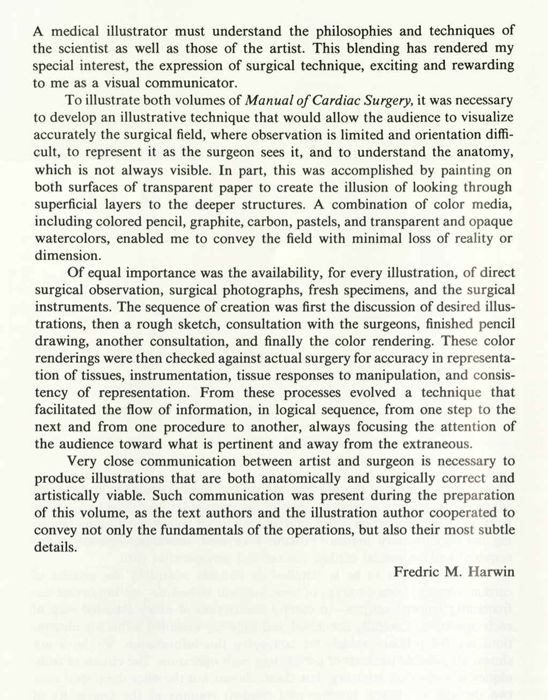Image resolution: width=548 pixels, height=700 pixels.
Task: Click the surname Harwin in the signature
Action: tap(491, 572)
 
